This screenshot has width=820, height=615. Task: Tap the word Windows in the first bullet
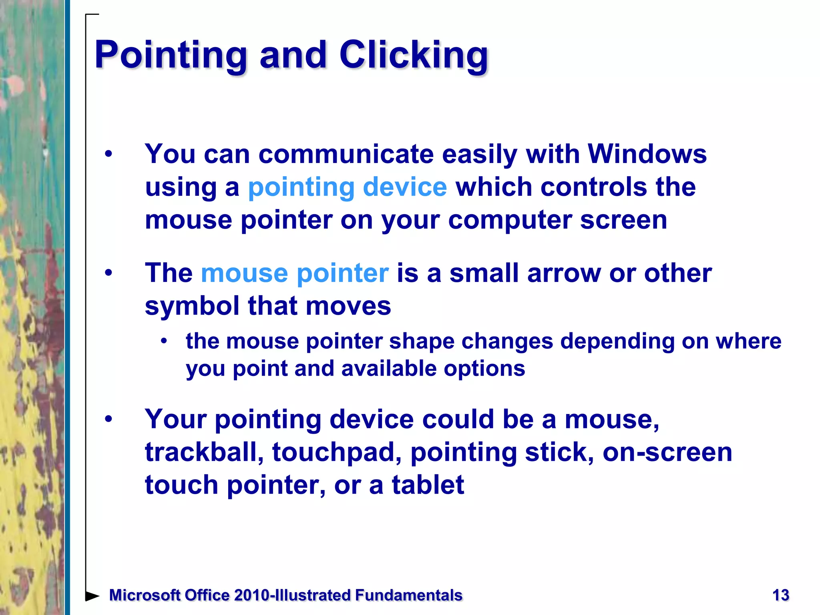647,154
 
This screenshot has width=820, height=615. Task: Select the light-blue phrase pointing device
347,187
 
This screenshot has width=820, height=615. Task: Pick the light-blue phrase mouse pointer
295,273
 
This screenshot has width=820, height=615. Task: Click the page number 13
780,595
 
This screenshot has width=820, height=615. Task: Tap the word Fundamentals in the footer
409,595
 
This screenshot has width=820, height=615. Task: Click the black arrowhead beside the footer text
92,596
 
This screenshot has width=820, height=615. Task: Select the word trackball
204,452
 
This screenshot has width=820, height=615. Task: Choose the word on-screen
667,452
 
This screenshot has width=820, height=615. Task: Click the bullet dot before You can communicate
108,155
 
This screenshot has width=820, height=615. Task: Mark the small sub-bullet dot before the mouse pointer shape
164,341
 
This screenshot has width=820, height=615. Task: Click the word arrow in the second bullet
563,273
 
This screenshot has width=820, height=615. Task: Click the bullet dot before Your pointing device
108,420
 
